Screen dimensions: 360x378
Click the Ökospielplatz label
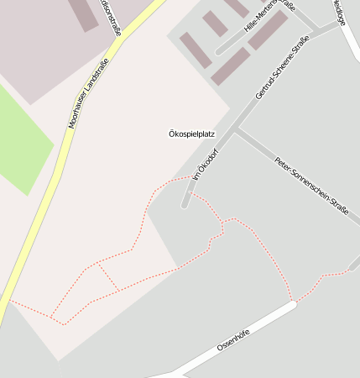[192, 134]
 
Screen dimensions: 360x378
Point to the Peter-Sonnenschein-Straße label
[310, 187]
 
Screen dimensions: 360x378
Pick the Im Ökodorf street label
[205, 168]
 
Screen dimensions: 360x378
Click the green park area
[21, 139]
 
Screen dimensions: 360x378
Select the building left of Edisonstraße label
[83, 13]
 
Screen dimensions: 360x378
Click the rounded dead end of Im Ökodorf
[184, 204]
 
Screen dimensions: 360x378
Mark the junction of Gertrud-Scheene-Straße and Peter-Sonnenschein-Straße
[237, 129]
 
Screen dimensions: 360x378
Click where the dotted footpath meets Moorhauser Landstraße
[9, 301]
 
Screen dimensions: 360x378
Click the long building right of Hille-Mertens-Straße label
[268, 30]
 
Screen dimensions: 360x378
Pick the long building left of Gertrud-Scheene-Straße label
[231, 66]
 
